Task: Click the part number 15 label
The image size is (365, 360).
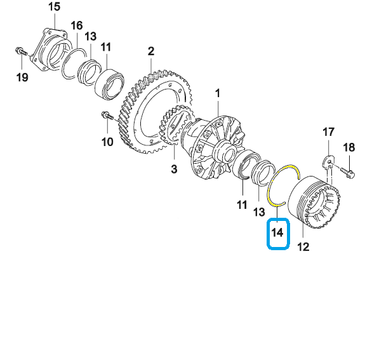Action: (54, 6)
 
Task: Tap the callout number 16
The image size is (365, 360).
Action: (77, 25)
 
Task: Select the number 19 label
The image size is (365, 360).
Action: (22, 77)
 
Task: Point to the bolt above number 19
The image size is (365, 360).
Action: (22, 51)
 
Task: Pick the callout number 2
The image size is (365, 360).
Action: (151, 51)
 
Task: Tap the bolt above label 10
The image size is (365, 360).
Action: (107, 116)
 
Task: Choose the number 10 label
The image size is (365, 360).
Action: (107, 142)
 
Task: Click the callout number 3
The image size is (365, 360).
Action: (174, 169)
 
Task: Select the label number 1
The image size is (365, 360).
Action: (218, 93)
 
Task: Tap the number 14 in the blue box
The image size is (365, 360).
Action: (277, 232)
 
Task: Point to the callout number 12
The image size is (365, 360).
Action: (303, 246)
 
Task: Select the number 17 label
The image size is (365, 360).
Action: (328, 132)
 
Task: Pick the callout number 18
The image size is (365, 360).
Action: (349, 147)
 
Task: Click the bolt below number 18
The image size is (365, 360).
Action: (347, 172)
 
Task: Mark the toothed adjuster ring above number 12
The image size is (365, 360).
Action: (314, 202)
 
